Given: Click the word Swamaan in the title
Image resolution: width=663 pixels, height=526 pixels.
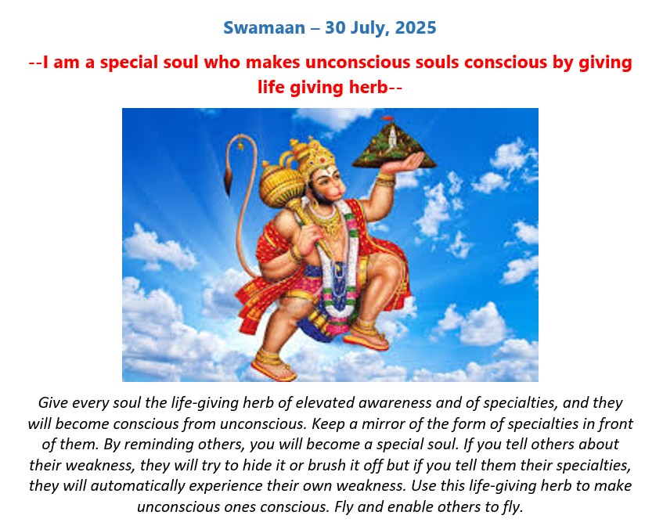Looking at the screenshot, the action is (x=264, y=28).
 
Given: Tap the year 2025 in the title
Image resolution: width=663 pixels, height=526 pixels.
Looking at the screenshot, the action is (x=416, y=28).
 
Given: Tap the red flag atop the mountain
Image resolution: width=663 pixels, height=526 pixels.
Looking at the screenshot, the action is (x=387, y=118).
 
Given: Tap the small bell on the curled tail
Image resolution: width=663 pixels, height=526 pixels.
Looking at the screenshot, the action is (x=240, y=145).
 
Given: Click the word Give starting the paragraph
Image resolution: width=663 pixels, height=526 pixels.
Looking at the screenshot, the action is (x=53, y=402).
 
